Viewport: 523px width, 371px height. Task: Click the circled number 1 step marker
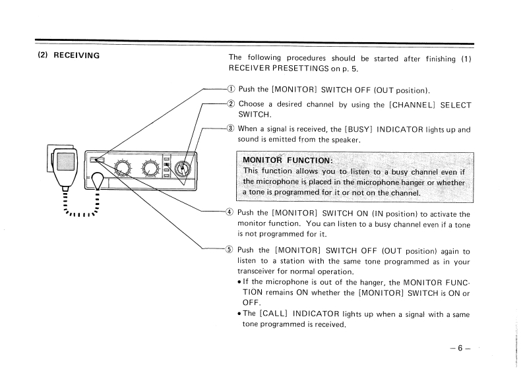click(231, 90)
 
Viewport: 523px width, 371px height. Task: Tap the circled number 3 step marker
click(231, 129)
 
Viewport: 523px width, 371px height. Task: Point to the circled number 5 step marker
click(231, 250)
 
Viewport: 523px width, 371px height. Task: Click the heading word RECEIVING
click(76, 55)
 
